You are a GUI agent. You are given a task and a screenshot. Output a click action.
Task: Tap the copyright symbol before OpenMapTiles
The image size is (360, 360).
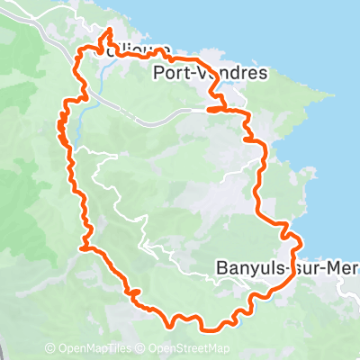point(49,348)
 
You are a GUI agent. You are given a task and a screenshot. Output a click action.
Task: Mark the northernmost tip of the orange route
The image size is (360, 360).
point(110,30)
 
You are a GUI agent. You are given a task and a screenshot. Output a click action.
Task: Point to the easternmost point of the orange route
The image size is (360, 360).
point(299,245)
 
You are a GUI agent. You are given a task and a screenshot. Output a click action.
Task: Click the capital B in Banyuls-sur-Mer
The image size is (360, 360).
point(222,268)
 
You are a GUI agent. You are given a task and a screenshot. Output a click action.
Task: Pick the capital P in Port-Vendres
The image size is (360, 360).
point(159,74)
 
